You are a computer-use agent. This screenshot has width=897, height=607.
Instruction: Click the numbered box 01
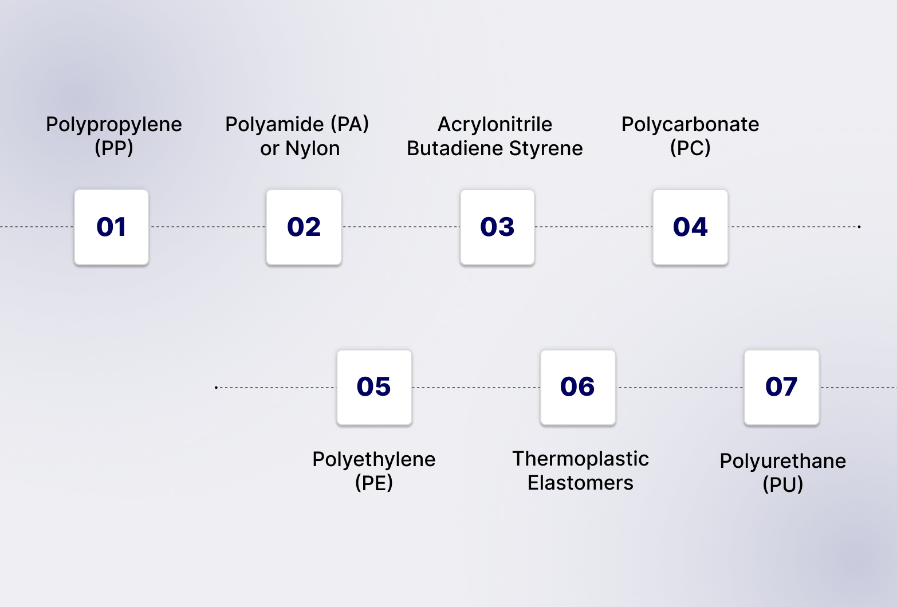coord(111,227)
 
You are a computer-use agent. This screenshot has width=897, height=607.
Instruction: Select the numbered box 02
coord(304,227)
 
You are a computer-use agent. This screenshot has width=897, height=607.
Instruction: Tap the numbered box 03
coord(497,227)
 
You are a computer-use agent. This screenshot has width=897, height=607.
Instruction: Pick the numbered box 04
coord(690,227)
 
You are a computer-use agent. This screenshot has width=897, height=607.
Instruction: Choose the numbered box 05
coord(374,387)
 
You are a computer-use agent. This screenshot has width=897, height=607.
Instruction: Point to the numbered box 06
coord(577,387)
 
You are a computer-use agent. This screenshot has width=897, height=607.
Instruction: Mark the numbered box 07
coord(781,387)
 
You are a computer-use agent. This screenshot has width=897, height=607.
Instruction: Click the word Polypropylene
coord(114,124)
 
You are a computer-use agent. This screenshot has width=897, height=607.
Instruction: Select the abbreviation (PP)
coord(114,148)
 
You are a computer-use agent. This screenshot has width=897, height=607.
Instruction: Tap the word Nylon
coord(313,148)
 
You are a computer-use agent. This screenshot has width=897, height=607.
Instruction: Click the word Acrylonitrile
coord(495,124)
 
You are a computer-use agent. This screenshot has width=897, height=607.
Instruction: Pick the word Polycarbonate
coord(690,124)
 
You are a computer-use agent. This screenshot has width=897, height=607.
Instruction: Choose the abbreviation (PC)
coord(690,148)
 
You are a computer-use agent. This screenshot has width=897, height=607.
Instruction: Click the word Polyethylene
coord(374,459)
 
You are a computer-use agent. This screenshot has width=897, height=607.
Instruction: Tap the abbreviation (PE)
coord(374,483)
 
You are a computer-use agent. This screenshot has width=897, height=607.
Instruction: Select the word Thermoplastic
coord(580,459)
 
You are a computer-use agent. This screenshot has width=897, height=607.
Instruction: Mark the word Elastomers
coord(580,483)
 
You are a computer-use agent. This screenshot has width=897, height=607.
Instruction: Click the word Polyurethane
coord(783,461)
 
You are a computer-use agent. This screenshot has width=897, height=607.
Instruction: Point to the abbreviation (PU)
coord(783,484)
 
